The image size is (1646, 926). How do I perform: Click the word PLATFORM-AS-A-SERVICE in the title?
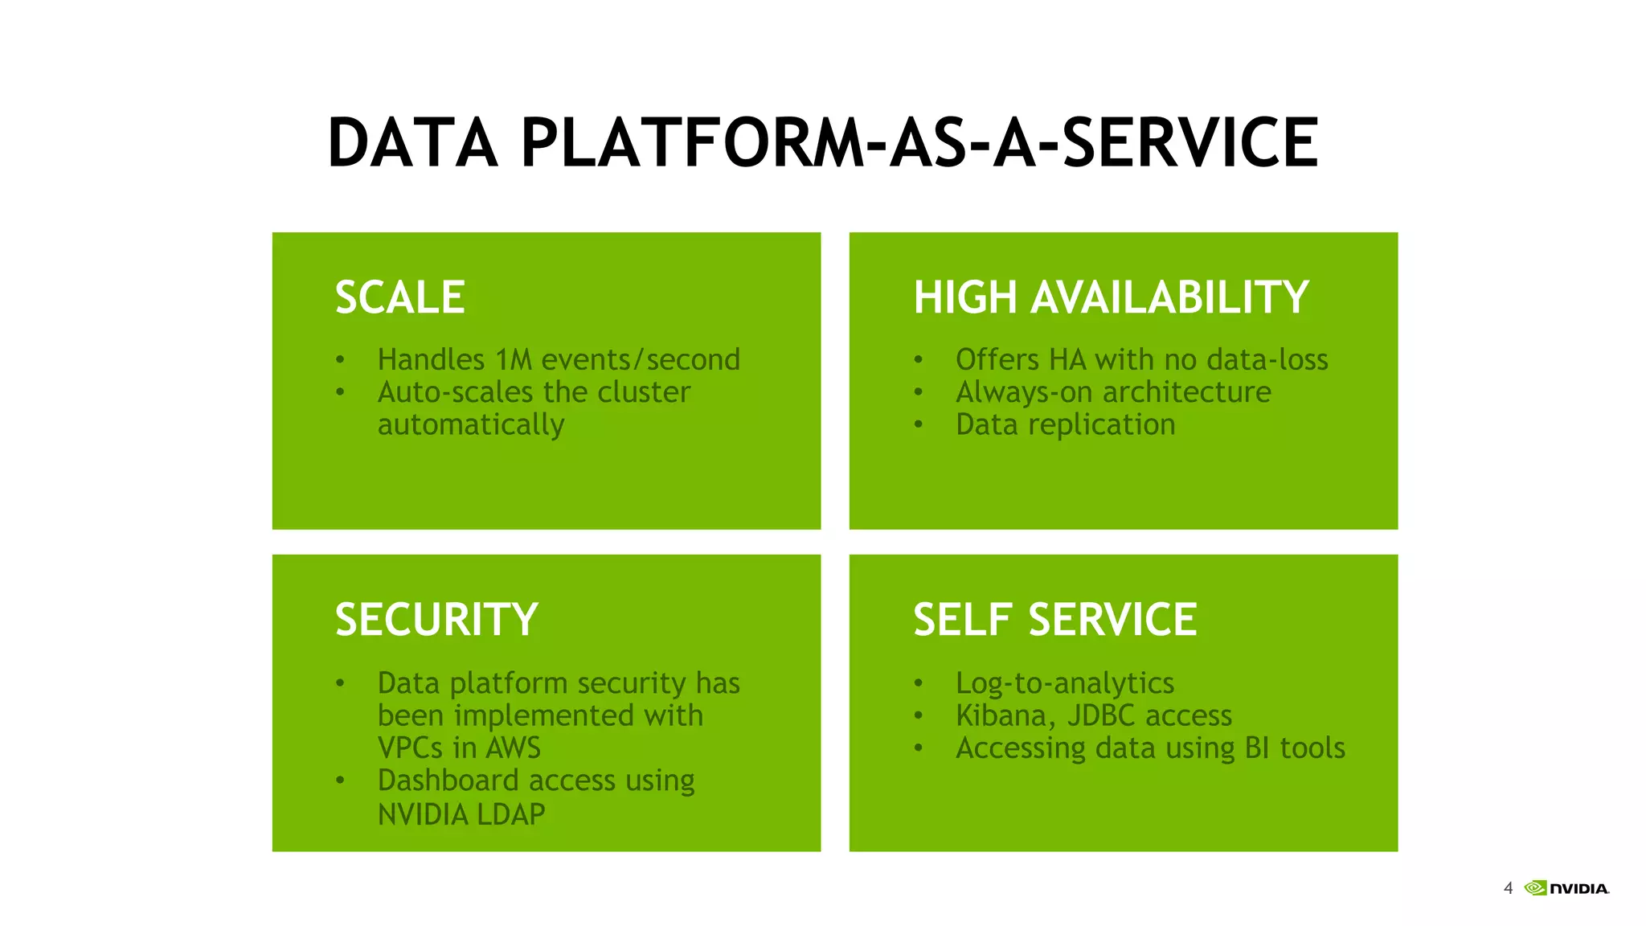pyautogui.click(x=919, y=143)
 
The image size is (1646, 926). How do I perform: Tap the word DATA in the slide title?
pyautogui.click(x=412, y=143)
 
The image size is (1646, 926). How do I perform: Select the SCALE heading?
pyautogui.click(x=399, y=297)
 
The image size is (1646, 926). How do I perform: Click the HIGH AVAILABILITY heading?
pyautogui.click(x=1111, y=297)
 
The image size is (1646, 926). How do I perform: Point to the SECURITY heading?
pyautogui.click(x=436, y=620)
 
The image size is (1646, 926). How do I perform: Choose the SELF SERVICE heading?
pyautogui.click(x=1054, y=620)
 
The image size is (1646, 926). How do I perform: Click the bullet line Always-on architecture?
pyautogui.click(x=1113, y=392)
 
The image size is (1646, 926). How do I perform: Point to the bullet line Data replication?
pyautogui.click(x=1065, y=424)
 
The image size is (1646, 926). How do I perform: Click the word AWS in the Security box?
pyautogui.click(x=513, y=748)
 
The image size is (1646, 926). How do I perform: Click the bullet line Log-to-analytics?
pyautogui.click(x=1065, y=683)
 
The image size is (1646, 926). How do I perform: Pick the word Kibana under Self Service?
pyautogui.click(x=1003, y=715)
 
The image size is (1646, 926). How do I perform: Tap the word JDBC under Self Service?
pyautogui.click(x=1100, y=715)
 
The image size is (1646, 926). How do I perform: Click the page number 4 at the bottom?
pyautogui.click(x=1508, y=888)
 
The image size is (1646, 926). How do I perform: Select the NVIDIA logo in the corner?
pyautogui.click(x=1566, y=888)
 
